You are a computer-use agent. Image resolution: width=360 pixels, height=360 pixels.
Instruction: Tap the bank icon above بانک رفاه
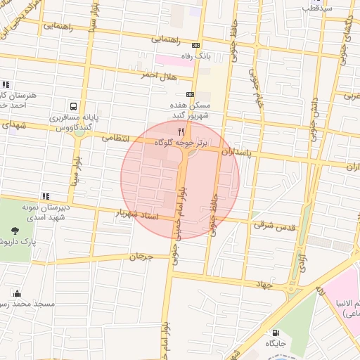[195, 45]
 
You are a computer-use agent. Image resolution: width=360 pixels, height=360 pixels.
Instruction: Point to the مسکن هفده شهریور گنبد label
[191, 110]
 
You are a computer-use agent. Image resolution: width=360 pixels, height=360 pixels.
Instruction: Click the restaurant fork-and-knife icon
[181, 131]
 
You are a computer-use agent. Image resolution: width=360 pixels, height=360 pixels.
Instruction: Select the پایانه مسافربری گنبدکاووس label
[72, 122]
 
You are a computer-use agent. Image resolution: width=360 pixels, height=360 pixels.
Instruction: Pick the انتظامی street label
[117, 139]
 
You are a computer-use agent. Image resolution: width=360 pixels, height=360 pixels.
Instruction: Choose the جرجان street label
[141, 257]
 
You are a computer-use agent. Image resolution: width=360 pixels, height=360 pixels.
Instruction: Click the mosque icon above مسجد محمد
[16, 293]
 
